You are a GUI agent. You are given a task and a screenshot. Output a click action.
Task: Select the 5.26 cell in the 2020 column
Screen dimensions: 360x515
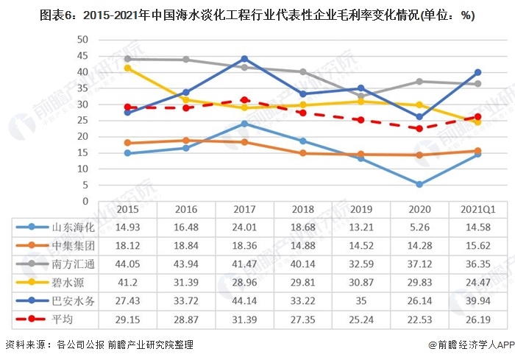point(419,227)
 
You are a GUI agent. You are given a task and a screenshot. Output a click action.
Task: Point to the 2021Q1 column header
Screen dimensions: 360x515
point(477,208)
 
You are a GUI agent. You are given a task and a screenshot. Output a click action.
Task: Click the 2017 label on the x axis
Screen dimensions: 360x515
point(244,208)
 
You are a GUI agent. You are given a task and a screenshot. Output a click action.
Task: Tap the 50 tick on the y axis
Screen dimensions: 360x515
point(82,40)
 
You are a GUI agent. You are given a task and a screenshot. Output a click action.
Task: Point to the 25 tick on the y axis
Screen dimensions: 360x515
point(82,121)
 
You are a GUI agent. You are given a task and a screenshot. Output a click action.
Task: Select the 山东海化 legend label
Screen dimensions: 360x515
point(70,227)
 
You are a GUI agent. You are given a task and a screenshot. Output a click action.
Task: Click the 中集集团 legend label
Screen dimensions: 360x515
point(70,246)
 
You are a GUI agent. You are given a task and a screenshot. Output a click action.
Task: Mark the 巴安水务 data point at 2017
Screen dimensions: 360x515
point(244,59)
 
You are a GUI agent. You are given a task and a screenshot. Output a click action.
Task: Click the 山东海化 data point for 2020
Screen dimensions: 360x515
point(419,184)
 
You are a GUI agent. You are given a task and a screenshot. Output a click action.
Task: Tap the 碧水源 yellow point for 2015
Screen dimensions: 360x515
point(127,68)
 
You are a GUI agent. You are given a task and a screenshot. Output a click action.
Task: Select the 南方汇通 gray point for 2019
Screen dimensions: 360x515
point(360,96)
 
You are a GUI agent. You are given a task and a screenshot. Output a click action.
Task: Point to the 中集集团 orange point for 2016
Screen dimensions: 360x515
point(185,140)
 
